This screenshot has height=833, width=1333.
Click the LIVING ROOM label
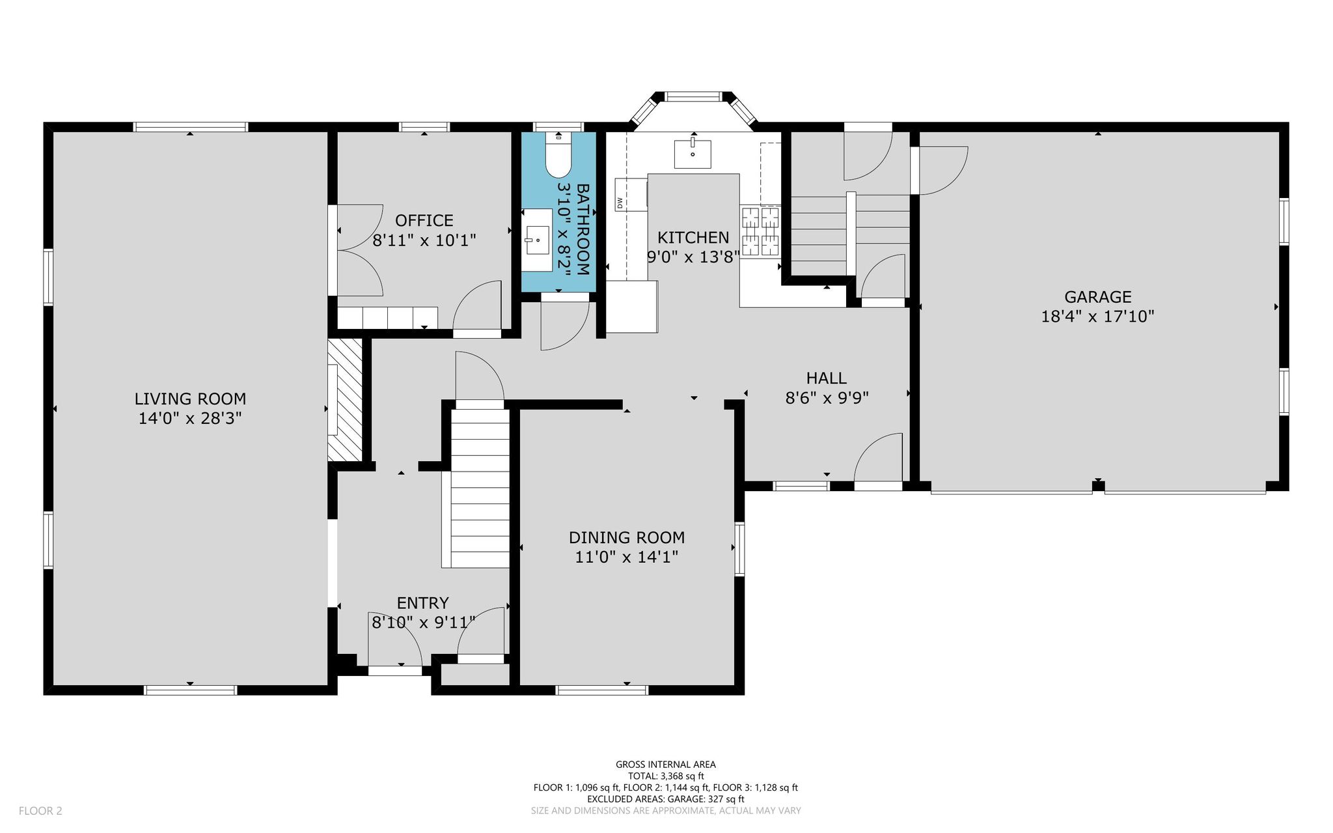click(x=190, y=399)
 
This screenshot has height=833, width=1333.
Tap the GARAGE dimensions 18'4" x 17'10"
click(x=1097, y=317)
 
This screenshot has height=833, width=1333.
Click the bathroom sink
click(x=538, y=240)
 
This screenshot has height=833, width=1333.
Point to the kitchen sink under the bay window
click(x=693, y=153)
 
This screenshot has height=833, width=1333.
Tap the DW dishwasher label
click(x=620, y=203)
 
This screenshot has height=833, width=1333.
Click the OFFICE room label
click(x=424, y=221)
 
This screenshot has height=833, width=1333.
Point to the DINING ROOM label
click(x=627, y=537)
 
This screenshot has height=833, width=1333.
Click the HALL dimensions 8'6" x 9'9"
click(x=827, y=398)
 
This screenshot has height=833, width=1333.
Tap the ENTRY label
click(x=423, y=603)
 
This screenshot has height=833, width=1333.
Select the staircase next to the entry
click(x=480, y=488)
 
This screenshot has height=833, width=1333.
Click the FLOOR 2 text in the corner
click(x=40, y=811)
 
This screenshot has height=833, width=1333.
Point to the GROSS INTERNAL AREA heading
click(x=666, y=765)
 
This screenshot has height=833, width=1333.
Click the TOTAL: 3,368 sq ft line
click(x=666, y=776)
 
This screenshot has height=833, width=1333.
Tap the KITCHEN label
click(x=693, y=237)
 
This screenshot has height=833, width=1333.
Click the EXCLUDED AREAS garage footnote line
click(x=666, y=799)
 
